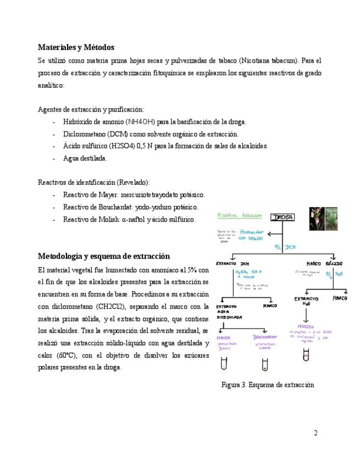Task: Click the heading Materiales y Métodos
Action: [76, 47]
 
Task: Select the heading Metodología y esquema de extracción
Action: [104, 256]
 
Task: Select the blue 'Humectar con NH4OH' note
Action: [252, 235]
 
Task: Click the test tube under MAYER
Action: [224, 364]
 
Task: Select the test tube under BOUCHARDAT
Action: [265, 364]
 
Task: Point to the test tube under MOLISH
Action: [306, 354]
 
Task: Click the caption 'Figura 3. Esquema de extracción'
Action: [268, 385]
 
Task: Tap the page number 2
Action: [315, 433]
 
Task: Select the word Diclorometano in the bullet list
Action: [85, 134]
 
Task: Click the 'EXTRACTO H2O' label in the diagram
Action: [306, 301]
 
